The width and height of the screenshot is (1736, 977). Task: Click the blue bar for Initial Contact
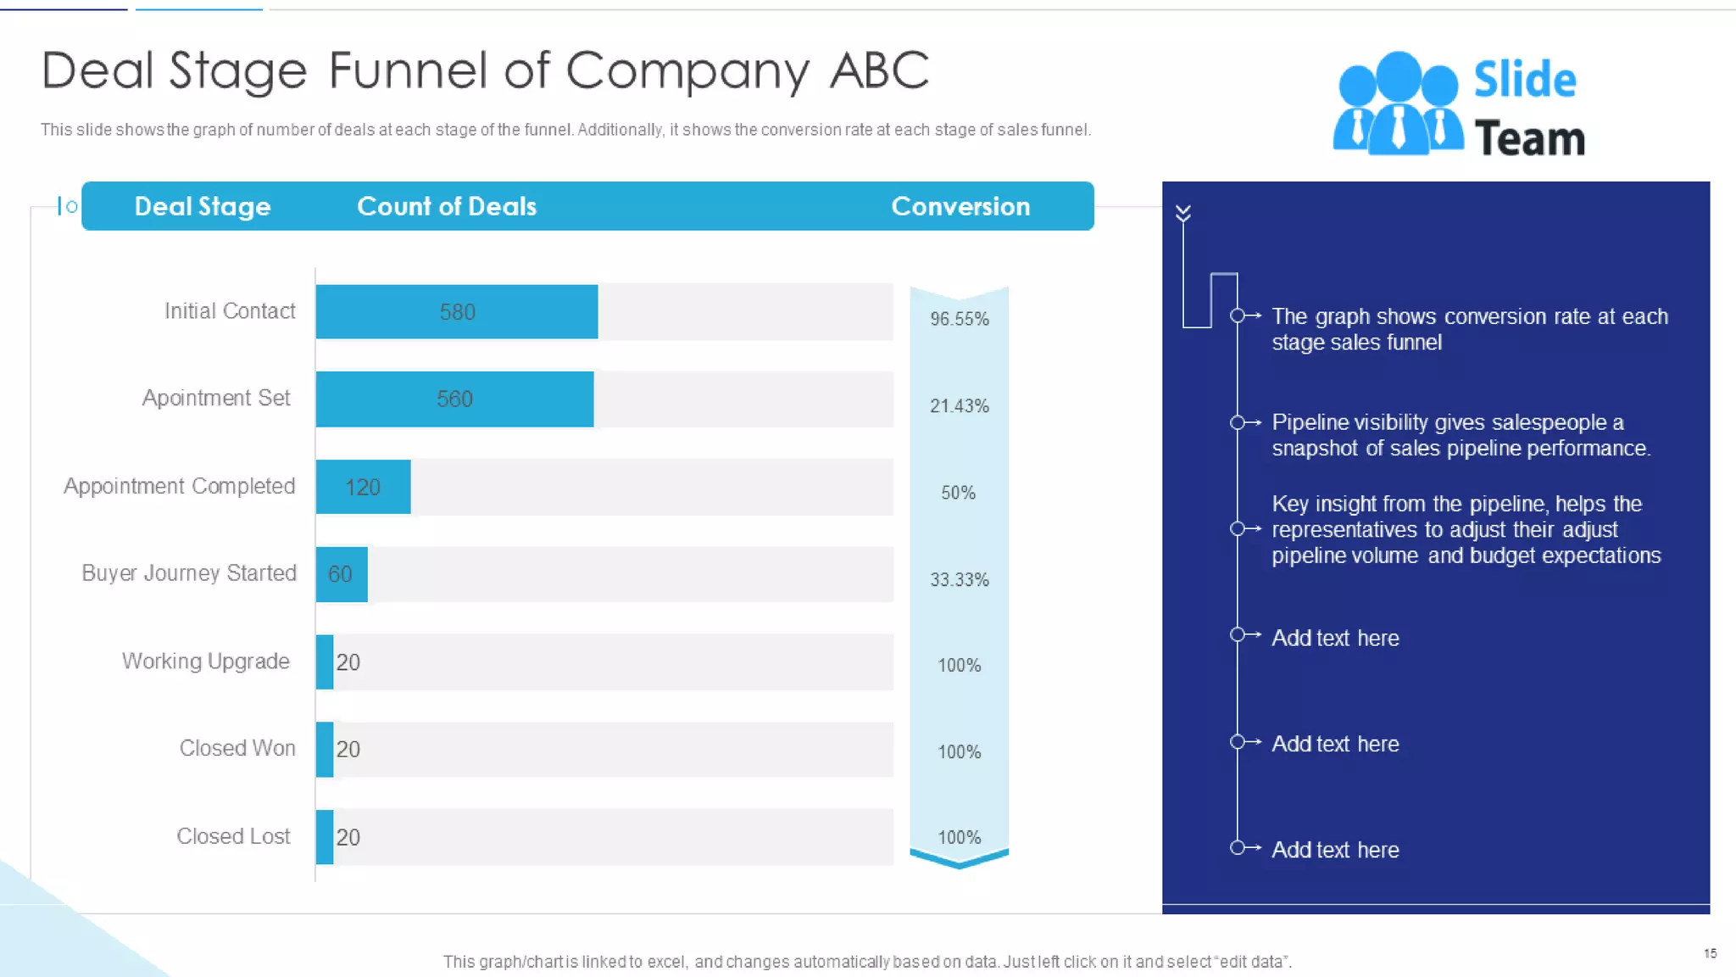[x=456, y=312]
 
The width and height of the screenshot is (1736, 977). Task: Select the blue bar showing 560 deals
[x=454, y=399]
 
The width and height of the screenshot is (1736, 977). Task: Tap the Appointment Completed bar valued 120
[x=363, y=488]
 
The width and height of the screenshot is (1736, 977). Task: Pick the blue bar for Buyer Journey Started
[x=341, y=574]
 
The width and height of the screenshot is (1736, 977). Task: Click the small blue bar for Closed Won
[x=325, y=750]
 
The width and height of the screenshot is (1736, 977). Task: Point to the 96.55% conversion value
[x=959, y=319]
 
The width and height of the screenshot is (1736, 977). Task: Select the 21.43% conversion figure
[x=959, y=406]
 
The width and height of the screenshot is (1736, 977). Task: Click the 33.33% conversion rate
[x=959, y=580]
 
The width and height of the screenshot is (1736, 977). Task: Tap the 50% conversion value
[x=958, y=493]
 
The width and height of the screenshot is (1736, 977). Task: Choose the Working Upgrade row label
[x=206, y=662]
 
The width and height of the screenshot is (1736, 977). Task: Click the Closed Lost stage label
[x=233, y=836]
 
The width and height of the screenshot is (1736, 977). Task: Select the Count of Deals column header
[x=447, y=206]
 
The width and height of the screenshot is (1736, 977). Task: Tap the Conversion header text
[x=960, y=206]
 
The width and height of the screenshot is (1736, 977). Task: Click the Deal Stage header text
[x=203, y=206]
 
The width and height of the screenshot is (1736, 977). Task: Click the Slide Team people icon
[x=1398, y=103]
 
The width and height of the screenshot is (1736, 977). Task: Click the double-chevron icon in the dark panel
[x=1183, y=213]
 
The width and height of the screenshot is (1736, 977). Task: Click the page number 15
[x=1710, y=953]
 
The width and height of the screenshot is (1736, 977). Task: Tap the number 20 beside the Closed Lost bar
[x=348, y=838]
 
